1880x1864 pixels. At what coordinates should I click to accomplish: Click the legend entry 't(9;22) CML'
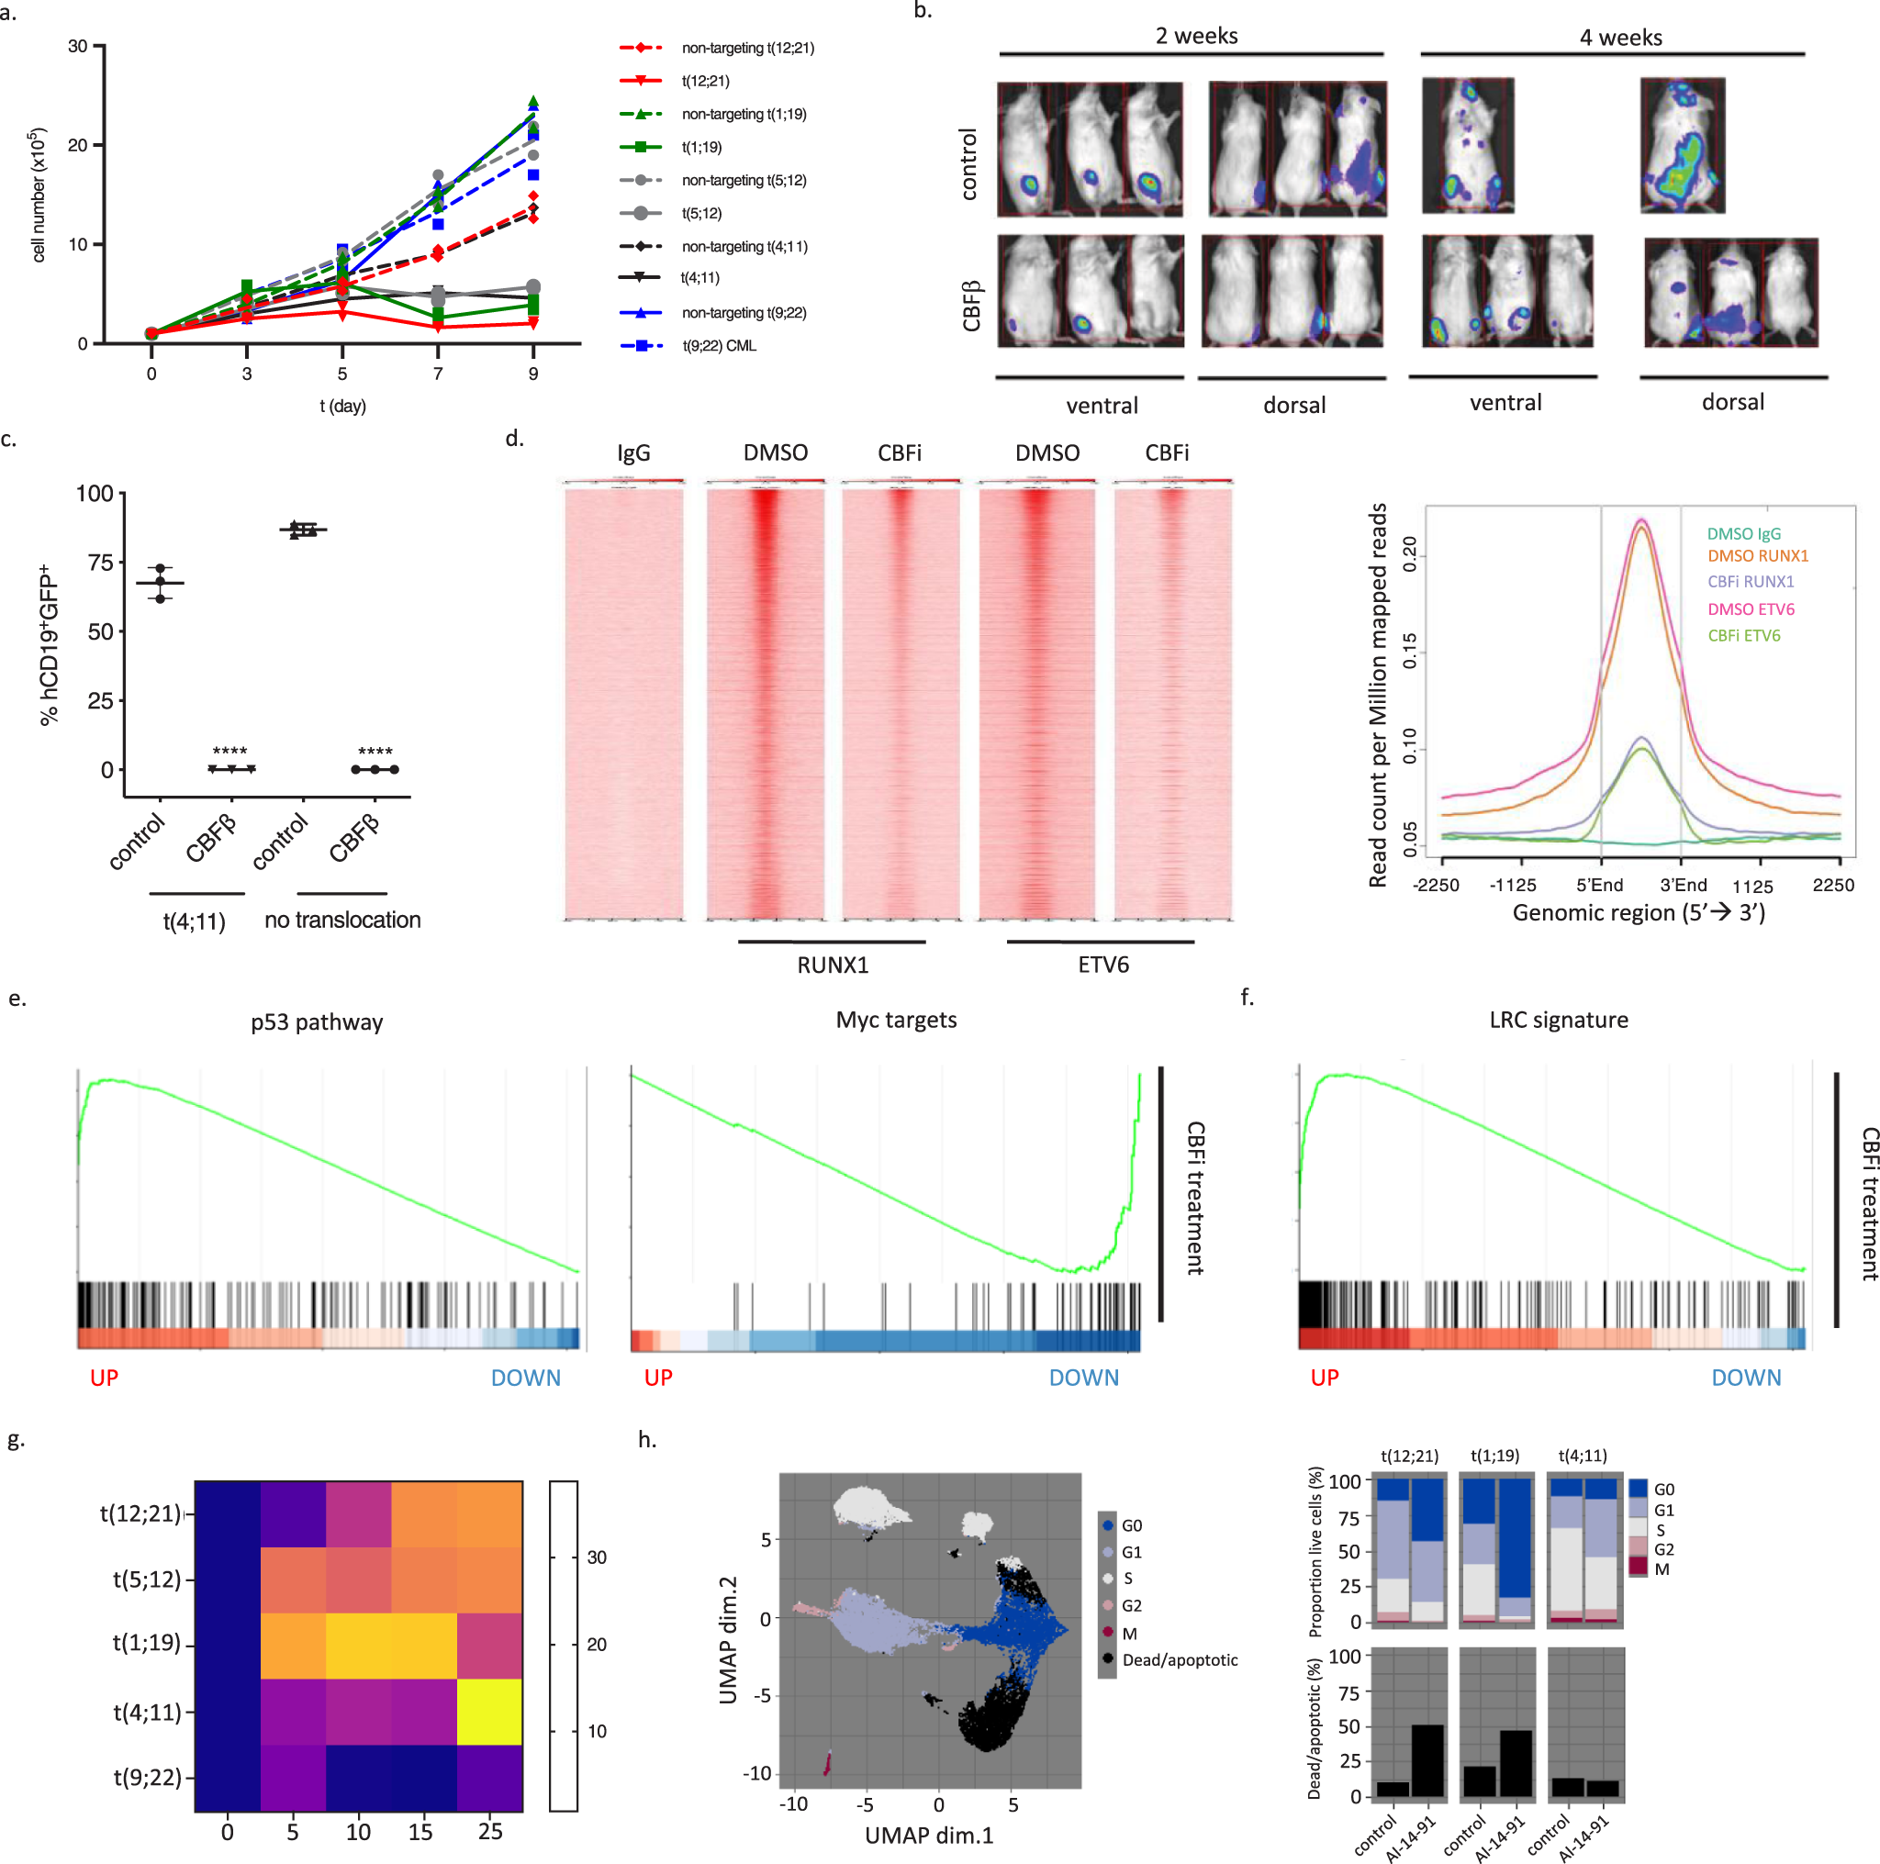pos(718,345)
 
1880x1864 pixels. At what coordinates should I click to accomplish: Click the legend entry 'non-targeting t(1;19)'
pos(744,114)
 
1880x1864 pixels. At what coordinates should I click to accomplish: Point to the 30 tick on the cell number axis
pos(78,46)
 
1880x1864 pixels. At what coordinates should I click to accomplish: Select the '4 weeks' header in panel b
pos(1620,37)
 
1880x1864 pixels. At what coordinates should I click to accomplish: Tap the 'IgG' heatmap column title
pos(633,452)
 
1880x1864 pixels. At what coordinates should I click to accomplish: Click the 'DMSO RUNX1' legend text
pos(1757,555)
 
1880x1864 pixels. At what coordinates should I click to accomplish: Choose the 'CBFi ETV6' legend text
pos(1744,635)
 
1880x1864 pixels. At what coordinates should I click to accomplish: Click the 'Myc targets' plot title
pos(896,1020)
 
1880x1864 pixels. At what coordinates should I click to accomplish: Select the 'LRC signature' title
pos(1558,1020)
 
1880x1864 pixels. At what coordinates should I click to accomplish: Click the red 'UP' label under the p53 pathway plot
pos(104,1378)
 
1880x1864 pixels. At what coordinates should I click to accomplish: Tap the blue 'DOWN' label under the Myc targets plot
pos(1083,1378)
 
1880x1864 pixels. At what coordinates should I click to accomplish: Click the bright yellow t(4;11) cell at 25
pos(489,1712)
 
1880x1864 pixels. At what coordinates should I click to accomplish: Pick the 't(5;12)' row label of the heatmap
pos(147,1579)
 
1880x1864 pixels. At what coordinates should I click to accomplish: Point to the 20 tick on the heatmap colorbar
pos(597,1644)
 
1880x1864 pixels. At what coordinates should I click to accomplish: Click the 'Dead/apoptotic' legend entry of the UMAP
pos(1180,1659)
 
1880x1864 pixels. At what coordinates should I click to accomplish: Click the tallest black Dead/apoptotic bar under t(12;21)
pos(1427,1760)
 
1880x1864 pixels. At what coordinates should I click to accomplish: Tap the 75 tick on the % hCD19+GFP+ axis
pos(100,563)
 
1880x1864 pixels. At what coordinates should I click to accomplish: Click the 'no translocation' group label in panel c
pos(342,920)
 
